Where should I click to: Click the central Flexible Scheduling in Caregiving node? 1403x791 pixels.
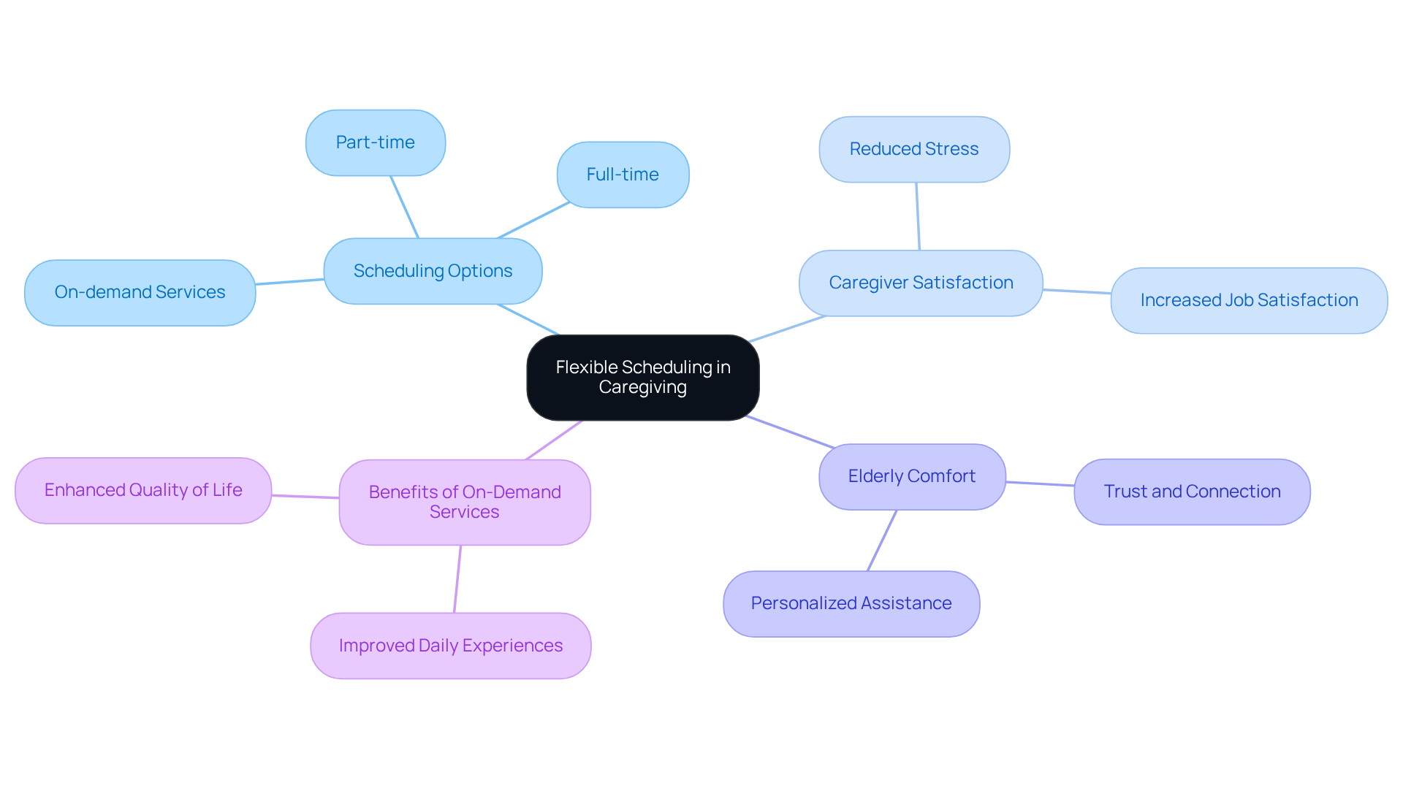(x=642, y=377)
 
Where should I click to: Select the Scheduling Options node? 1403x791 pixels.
(x=433, y=271)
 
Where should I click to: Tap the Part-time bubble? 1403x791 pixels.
(x=375, y=142)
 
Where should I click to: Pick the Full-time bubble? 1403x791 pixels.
(x=623, y=175)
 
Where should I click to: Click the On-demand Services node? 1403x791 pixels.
(x=140, y=292)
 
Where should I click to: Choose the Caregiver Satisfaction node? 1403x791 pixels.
(x=920, y=283)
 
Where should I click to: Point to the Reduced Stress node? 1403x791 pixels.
(x=913, y=149)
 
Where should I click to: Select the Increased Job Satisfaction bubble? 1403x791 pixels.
(x=1248, y=300)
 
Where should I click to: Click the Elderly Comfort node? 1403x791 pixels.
(x=911, y=476)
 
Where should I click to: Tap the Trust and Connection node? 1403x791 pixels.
(x=1191, y=492)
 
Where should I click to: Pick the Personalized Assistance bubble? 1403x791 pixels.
(x=851, y=603)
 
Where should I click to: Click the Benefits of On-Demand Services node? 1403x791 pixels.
(x=464, y=502)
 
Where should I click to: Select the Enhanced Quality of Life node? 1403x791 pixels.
(x=143, y=490)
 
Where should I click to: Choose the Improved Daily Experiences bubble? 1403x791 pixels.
(x=450, y=646)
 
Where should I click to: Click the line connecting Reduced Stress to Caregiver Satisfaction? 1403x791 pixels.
(x=918, y=216)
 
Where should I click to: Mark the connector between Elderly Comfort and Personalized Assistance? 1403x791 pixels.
(x=882, y=540)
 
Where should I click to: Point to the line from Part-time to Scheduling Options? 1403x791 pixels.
(x=404, y=207)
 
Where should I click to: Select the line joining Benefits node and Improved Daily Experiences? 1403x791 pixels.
(x=457, y=579)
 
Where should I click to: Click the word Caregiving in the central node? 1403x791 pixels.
(x=642, y=387)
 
